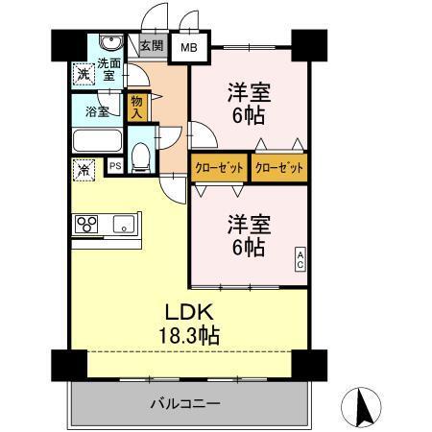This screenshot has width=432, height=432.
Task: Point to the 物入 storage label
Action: pos(137,106)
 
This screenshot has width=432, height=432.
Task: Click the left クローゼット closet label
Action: pos(219,167)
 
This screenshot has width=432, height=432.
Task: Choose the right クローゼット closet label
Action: pos(278,167)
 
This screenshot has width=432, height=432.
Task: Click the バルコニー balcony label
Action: pos(184,403)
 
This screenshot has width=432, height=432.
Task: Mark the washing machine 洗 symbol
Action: pos(83,74)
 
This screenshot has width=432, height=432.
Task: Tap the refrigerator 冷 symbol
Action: pos(83,170)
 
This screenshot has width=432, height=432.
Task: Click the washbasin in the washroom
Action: pos(108,45)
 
